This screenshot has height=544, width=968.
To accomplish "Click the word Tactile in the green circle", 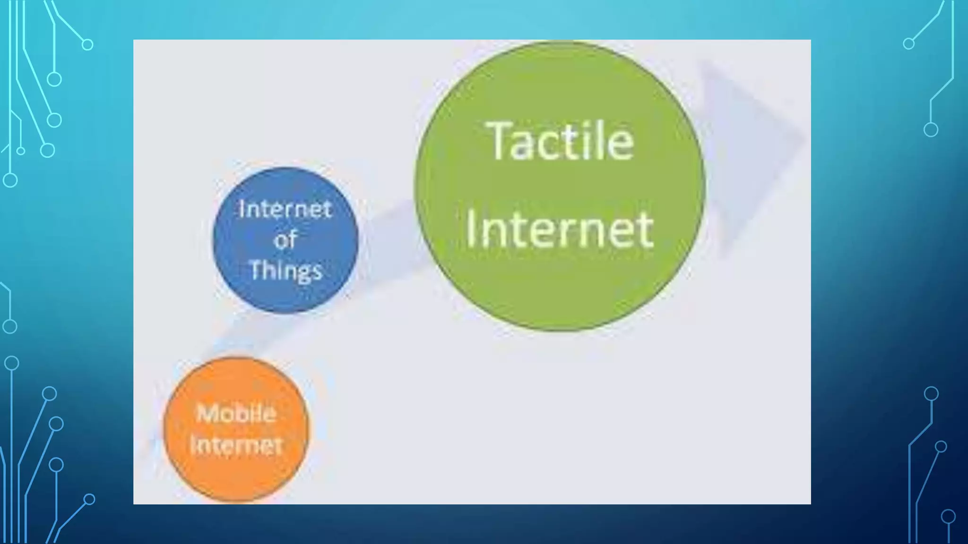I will pos(561,141).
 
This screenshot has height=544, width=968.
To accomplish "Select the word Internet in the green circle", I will pos(560,230).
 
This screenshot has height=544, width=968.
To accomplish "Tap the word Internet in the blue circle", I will pos(285,209).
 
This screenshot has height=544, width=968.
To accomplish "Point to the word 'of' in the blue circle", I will pos(285,239).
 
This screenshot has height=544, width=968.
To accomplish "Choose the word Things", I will pos(285,271).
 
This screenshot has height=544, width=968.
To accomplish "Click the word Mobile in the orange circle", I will pos(236,414).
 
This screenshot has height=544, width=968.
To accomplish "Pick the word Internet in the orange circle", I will pos(236,445).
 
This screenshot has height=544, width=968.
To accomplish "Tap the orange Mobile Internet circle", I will pos(235,477).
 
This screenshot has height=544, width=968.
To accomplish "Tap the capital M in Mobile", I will pos(207,414).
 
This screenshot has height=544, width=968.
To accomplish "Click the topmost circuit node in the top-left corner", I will pos(87,44).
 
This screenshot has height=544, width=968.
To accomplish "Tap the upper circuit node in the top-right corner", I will pos(908,44).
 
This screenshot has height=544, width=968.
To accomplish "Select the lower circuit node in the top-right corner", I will pos(931,129).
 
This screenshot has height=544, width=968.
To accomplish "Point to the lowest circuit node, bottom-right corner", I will pos(948,517).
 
